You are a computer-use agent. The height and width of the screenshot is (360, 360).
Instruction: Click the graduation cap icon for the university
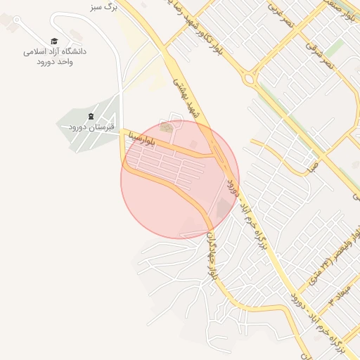(x=54, y=41)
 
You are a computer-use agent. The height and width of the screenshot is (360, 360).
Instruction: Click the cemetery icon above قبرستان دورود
(x=91, y=115)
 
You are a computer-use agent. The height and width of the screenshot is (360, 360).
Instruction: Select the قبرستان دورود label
(x=91, y=127)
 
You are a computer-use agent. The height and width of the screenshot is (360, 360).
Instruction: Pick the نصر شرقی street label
(x=323, y=53)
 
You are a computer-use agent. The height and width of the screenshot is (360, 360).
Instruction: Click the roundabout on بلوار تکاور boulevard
(x=249, y=78)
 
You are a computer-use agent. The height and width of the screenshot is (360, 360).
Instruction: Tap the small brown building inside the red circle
(x=166, y=127)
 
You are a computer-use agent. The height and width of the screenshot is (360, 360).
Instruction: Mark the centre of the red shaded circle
(x=180, y=179)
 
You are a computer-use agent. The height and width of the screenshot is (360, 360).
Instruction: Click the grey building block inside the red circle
(x=223, y=208)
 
